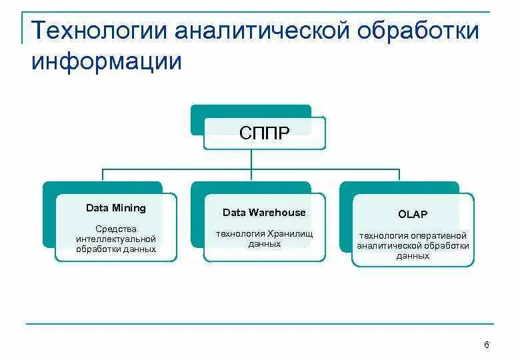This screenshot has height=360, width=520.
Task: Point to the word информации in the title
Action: tap(106, 61)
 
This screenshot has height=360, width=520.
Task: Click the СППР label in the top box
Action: tap(265, 133)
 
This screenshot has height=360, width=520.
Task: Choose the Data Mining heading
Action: tap(116, 208)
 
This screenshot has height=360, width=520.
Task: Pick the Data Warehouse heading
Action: tap(264, 213)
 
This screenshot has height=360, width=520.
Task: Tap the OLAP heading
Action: tap(413, 214)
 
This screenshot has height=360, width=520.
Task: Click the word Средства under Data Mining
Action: tap(116, 229)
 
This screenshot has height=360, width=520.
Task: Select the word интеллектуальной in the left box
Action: tap(116, 239)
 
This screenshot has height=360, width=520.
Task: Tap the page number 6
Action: tap(487, 345)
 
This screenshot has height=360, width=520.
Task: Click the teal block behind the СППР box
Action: tap(251, 111)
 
